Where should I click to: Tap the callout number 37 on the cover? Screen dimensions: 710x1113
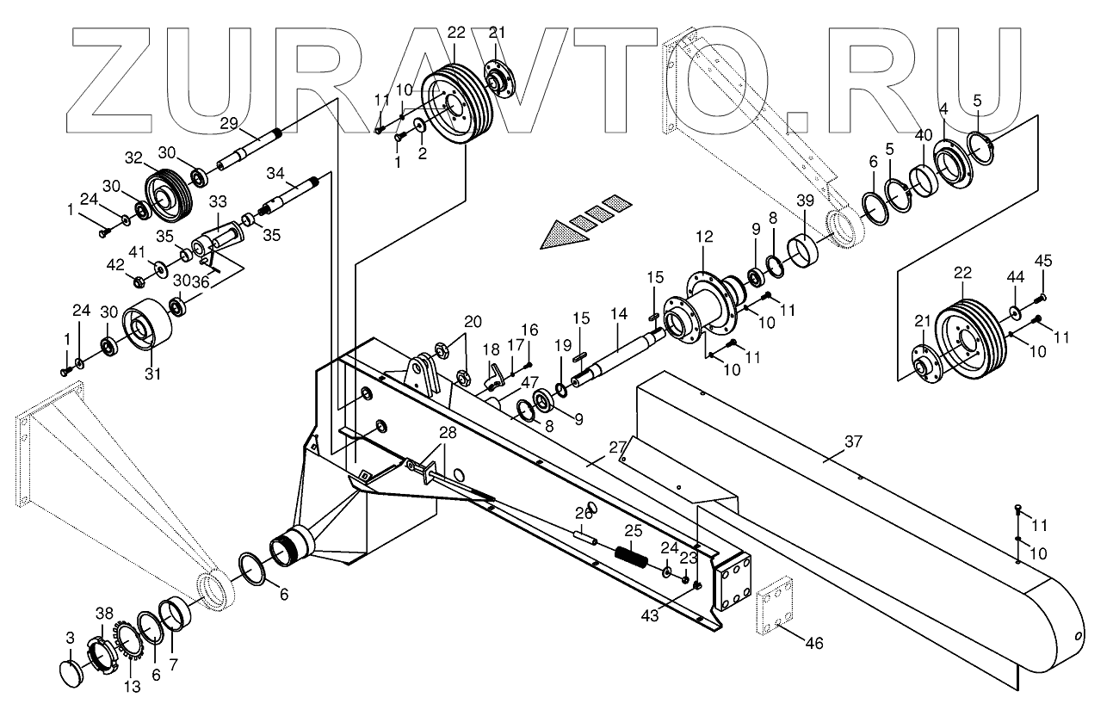(852, 442)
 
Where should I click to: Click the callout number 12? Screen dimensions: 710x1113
(704, 237)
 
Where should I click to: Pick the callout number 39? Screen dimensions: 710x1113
(804, 201)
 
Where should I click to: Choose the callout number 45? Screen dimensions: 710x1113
(1043, 260)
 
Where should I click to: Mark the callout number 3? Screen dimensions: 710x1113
(71, 638)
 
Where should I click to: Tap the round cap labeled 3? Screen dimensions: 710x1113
(72, 670)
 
